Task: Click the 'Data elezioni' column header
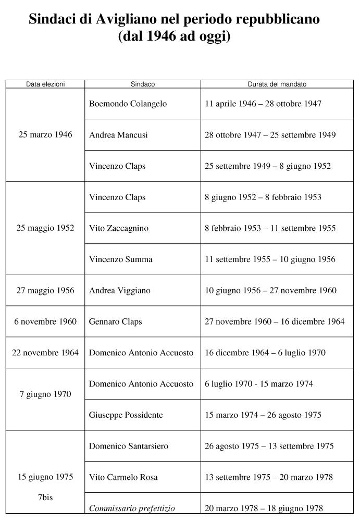click(45, 84)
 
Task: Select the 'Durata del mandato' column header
click(277, 84)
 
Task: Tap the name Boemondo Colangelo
click(128, 104)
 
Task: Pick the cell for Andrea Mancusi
click(118, 135)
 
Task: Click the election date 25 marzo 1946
click(45, 135)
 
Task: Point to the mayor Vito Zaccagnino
click(119, 228)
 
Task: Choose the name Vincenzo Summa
click(120, 259)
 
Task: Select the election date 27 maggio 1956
click(45, 291)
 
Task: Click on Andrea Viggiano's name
click(119, 291)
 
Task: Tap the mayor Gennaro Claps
click(115, 322)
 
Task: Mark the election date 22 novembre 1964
click(45, 353)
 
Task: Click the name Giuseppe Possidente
click(126, 415)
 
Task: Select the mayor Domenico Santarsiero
click(129, 446)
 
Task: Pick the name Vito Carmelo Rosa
click(123, 477)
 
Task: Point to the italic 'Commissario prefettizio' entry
click(132, 508)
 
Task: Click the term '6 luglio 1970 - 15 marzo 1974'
click(259, 384)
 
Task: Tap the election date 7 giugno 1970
click(45, 394)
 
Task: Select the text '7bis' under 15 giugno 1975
click(45, 498)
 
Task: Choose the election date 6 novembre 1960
click(45, 322)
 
